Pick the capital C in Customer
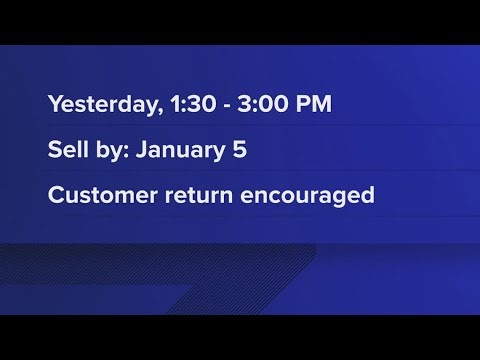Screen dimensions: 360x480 [x=54, y=193]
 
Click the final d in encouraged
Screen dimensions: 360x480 [x=368, y=193]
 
